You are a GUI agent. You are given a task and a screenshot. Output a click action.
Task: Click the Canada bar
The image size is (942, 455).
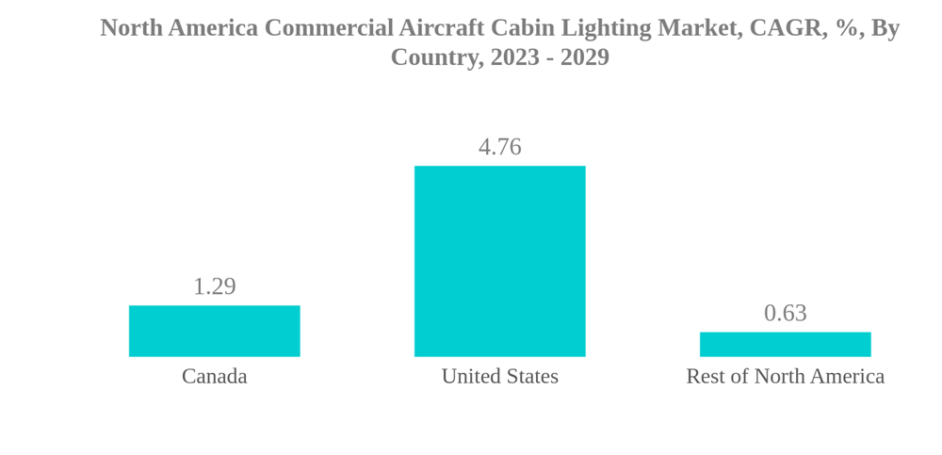click(215, 331)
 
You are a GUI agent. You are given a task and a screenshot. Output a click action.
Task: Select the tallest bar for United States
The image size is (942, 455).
click(499, 261)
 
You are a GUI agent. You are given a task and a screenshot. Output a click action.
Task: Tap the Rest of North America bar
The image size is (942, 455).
click(785, 344)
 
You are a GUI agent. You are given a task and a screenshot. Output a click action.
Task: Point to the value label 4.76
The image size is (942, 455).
click(499, 147)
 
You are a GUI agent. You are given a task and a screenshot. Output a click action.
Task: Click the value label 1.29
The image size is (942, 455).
click(215, 286)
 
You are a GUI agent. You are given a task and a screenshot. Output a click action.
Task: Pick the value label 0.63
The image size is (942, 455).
click(785, 313)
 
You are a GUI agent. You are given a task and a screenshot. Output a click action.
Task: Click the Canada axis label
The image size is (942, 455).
click(215, 376)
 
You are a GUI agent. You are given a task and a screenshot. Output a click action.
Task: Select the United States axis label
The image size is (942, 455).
click(499, 376)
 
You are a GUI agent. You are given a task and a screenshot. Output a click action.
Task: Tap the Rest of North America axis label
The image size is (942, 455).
click(785, 376)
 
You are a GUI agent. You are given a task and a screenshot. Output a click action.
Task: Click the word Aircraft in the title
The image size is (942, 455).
click(439, 28)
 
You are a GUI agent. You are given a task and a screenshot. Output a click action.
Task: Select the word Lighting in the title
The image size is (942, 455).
click(602, 28)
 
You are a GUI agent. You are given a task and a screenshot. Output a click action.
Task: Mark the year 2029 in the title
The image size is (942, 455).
click(585, 57)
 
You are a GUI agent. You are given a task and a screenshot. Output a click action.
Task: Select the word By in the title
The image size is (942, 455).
click(885, 28)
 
